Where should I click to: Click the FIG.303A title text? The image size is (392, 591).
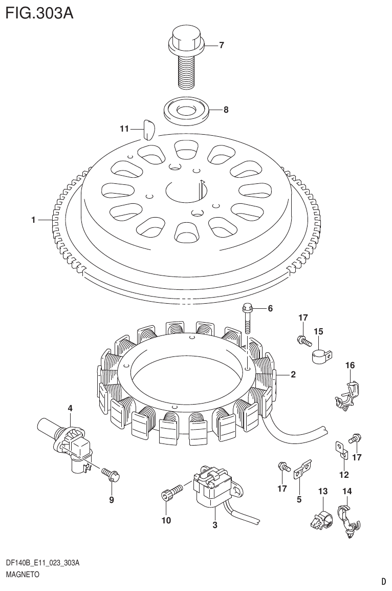[x=39, y=12]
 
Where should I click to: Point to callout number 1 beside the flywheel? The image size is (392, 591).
[x=33, y=220]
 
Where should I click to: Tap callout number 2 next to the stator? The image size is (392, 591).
[x=293, y=374]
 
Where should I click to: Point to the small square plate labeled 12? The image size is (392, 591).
[x=341, y=448]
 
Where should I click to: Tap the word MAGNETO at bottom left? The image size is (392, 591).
[x=23, y=575]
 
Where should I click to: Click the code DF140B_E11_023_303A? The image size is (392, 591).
[x=43, y=563]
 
